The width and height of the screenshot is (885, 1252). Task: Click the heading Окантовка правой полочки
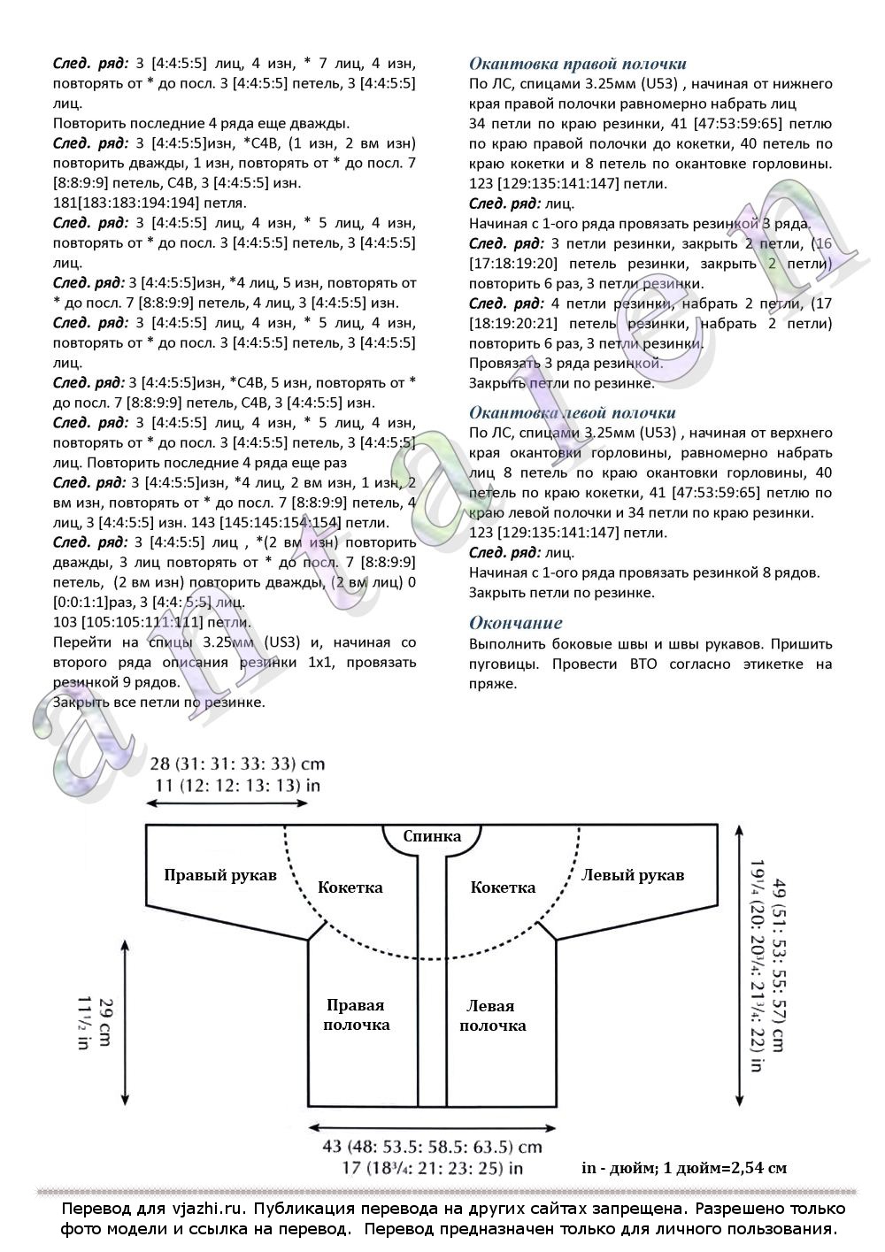(577, 64)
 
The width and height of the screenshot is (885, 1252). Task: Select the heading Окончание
(515, 622)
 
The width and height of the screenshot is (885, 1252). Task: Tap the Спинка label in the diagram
(432, 836)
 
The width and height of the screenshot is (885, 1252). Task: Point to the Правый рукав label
(220, 875)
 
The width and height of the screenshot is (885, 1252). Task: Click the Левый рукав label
(632, 875)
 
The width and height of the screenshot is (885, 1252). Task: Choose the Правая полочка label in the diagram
(356, 1015)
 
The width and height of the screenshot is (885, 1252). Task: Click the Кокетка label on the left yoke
(350, 887)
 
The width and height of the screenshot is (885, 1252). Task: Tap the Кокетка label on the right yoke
(503, 887)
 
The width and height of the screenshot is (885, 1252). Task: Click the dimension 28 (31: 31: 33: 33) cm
(237, 764)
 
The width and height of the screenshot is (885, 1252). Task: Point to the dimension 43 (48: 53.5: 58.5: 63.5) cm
(432, 1147)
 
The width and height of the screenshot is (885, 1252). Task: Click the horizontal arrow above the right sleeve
(227, 803)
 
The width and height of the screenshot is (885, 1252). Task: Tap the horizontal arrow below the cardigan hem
(433, 1127)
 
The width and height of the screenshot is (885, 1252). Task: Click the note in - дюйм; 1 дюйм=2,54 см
(683, 1168)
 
